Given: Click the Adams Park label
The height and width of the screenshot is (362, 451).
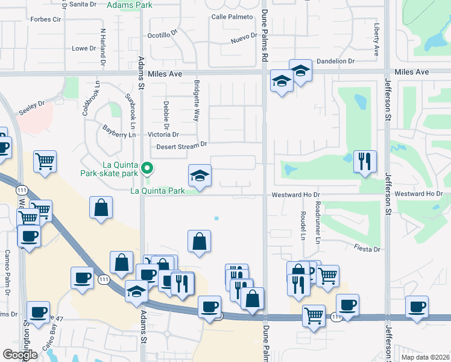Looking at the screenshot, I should click(130, 5).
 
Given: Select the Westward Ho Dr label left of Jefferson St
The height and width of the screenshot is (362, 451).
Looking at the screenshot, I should click(295, 194).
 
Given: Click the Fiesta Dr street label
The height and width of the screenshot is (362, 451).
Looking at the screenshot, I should click(368, 249).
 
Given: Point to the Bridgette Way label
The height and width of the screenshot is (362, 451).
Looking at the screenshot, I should click(196, 100).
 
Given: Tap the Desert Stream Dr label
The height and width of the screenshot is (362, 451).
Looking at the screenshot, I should click(181, 145).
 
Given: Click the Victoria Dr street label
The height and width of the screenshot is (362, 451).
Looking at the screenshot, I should click(163, 135).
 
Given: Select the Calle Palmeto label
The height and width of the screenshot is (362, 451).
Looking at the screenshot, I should click(232, 17).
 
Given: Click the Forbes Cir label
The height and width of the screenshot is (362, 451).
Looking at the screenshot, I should click(46, 19).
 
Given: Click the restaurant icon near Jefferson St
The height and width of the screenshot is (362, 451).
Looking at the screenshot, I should click(365, 161).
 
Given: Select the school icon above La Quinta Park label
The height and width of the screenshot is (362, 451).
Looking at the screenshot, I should click(200, 176).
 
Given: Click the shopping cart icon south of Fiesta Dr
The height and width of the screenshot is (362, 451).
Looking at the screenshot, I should click(327, 276).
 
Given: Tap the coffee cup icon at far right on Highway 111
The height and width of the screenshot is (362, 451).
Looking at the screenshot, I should click(417, 306).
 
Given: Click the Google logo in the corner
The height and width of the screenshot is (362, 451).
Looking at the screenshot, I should click(20, 355).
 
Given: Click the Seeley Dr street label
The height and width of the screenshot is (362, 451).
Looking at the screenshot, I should click(32, 104).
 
